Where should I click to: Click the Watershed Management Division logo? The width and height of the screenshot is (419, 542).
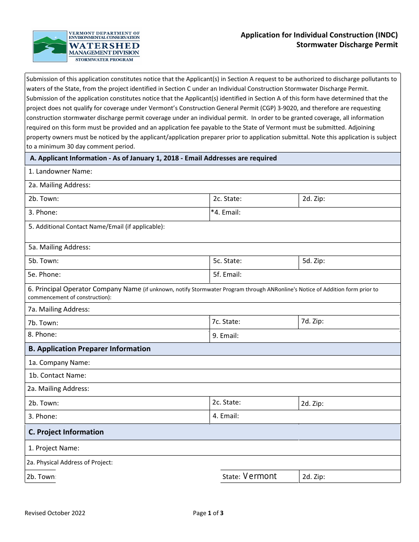86,46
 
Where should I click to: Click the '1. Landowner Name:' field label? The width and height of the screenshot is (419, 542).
60,171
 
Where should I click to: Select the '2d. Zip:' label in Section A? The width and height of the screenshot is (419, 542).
314,199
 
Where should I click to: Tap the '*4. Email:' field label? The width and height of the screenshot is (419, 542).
226,212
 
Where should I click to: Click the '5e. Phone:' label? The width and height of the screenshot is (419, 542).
45,275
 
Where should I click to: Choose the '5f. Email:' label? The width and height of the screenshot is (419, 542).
227,275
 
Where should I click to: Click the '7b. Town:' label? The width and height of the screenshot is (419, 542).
43,323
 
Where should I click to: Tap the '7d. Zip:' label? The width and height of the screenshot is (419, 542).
312,321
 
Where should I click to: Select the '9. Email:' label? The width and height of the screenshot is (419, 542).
225,336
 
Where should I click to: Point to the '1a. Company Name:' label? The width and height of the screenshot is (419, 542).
59,363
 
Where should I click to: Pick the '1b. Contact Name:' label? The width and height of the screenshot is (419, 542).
57,375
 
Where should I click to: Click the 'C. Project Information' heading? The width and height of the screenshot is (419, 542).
66,432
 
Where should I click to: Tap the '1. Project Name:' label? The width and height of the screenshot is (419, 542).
54,448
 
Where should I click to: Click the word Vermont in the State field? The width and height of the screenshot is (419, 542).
260,476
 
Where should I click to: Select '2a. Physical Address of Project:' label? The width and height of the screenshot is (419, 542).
70,463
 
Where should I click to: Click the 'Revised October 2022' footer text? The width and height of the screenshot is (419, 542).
55,513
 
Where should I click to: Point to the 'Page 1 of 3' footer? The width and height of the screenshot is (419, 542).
208,513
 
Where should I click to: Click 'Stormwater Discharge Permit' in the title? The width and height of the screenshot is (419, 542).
347,45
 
